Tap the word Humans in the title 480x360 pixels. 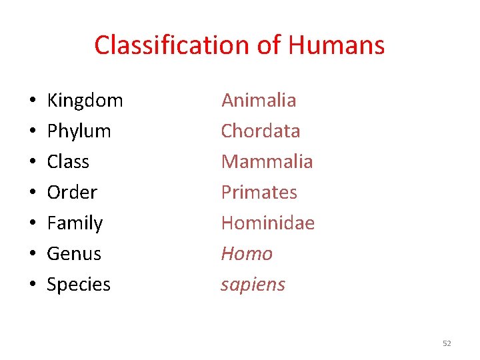[337, 45]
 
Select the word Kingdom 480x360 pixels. [85, 101]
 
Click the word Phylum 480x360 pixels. [79, 131]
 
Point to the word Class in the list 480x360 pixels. [68, 161]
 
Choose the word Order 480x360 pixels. [72, 192]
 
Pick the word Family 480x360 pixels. [75, 223]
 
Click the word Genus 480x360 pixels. [74, 253]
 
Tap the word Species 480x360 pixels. [79, 285]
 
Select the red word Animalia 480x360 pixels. [259, 100]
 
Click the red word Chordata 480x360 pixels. [261, 131]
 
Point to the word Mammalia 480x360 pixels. [267, 161]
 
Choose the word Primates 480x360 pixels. [259, 192]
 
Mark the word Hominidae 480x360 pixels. [267, 223]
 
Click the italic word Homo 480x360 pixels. [247, 253]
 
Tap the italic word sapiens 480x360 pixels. [253, 285]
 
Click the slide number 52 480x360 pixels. [447, 343]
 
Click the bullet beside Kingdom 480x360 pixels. [33, 101]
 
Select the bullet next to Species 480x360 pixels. [33, 285]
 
